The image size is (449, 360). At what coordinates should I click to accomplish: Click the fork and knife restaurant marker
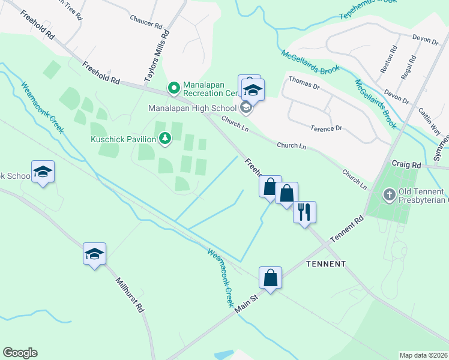(x=305, y=212)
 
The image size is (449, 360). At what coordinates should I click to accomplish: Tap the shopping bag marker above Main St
(x=271, y=278)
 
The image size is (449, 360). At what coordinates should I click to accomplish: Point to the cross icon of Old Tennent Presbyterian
(x=389, y=195)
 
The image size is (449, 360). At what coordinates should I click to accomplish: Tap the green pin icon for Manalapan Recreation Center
(x=174, y=89)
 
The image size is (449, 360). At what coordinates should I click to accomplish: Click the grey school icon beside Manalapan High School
(x=245, y=108)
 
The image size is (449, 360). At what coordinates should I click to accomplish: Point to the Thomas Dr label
(x=304, y=79)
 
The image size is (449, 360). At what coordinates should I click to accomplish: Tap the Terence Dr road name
(x=326, y=128)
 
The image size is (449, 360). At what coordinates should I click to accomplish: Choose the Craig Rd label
(x=406, y=164)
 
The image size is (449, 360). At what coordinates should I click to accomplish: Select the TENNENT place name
(x=326, y=264)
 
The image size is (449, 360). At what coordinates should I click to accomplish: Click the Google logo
(x=20, y=353)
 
